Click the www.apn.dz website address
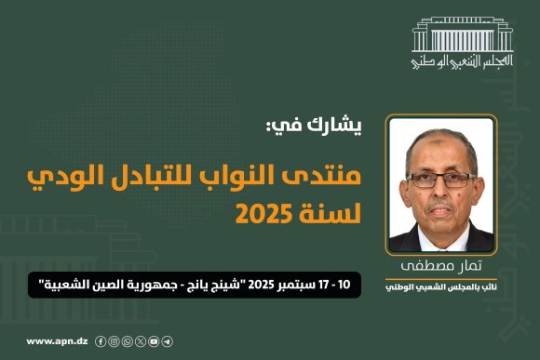tap(56, 341)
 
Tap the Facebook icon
tap(101, 341)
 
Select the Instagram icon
tap(114, 341)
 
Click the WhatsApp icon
tap(127, 341)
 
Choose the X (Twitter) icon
tap(141, 341)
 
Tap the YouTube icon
tap(154, 341)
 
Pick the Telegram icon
tap(167, 341)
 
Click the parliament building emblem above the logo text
tap(463, 38)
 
